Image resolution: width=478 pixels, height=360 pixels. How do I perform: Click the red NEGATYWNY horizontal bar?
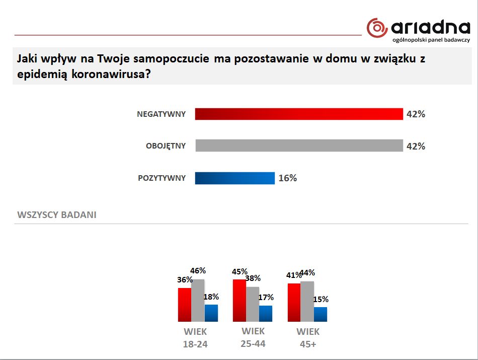click(299, 114)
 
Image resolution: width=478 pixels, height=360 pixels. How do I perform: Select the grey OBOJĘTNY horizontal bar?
click(299, 146)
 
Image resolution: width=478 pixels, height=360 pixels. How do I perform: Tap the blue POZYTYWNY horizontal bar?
click(234, 178)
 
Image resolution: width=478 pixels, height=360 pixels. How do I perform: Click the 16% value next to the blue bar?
click(288, 178)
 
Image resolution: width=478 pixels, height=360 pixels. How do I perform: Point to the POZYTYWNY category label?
click(162, 178)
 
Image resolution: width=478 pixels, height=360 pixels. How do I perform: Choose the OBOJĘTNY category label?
click(166, 146)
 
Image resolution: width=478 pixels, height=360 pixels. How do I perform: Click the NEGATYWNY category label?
click(161, 114)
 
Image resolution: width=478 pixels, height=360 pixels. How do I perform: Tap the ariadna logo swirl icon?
click(377, 28)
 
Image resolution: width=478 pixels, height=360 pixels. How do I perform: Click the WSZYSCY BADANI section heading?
click(57, 215)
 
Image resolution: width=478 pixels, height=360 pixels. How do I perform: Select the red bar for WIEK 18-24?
click(185, 305)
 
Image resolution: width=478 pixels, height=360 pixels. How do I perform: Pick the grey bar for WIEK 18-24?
click(198, 300)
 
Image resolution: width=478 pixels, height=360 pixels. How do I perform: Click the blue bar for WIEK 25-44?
click(266, 313)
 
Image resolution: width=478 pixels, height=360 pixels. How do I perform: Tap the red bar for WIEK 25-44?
click(240, 300)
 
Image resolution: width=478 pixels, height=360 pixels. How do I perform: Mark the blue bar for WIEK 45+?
click(321, 314)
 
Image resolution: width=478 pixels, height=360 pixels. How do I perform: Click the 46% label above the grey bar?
click(198, 271)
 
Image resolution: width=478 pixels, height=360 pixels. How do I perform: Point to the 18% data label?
click(211, 297)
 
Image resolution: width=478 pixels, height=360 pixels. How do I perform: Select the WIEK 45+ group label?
click(308, 338)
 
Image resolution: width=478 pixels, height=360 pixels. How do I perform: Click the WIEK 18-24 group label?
click(195, 338)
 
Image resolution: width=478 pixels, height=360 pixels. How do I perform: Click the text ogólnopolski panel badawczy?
click(431, 40)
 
